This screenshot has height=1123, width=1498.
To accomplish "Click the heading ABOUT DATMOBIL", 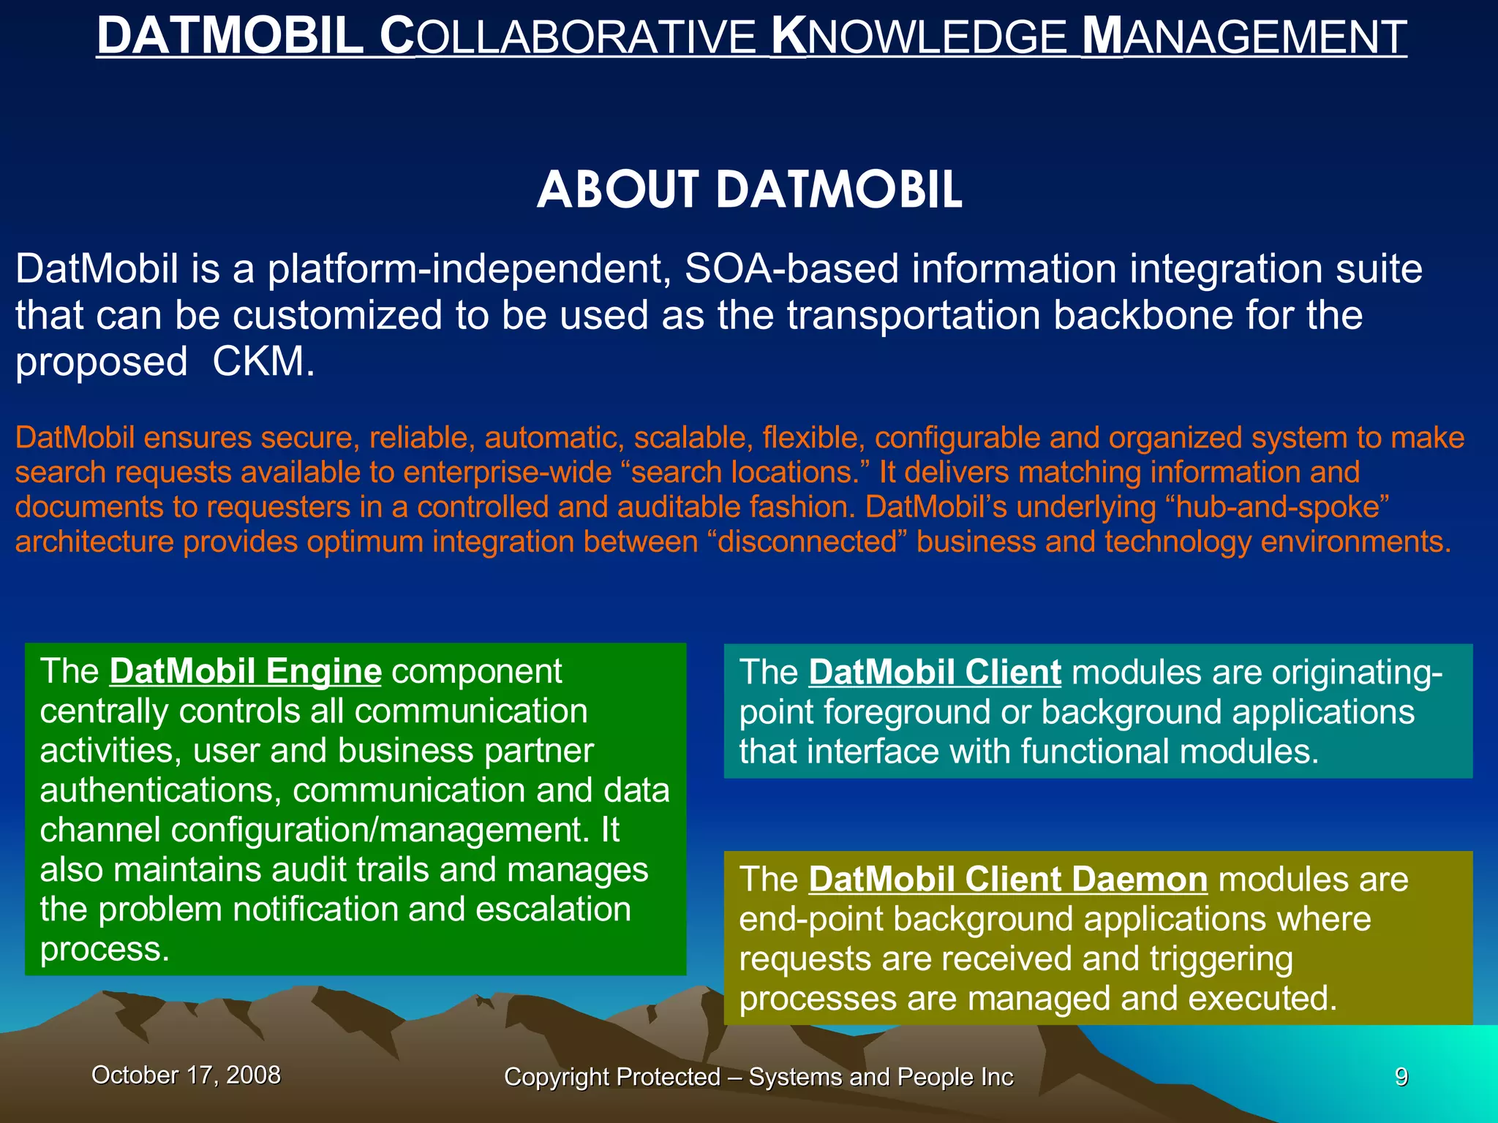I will point(749,190).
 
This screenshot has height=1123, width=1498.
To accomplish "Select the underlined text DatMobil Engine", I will point(245,671).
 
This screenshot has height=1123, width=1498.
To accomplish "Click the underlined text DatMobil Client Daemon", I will point(1007,879).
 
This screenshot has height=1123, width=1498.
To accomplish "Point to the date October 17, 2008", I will point(186,1075).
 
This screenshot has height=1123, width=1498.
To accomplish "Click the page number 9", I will point(1401,1077).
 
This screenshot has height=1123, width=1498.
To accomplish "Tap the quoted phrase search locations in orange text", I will point(746,473).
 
